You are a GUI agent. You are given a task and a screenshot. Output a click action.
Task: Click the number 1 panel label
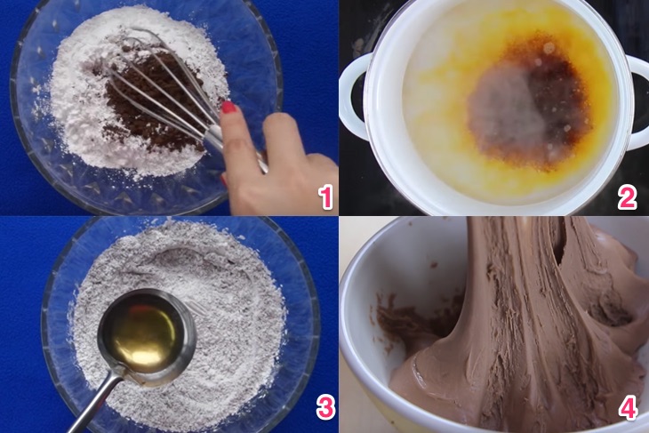(x=325, y=197)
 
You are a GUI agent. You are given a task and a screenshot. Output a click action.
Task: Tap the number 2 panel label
(x=627, y=197)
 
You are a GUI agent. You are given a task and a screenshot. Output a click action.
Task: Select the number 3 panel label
(x=325, y=408)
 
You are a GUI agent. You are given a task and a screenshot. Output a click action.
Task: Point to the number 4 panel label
(x=628, y=408)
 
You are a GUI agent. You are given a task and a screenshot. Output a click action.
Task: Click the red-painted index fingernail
(x=228, y=108)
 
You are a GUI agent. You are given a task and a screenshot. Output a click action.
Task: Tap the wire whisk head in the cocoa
(x=165, y=87)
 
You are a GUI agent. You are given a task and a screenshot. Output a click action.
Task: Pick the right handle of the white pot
(x=637, y=101)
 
